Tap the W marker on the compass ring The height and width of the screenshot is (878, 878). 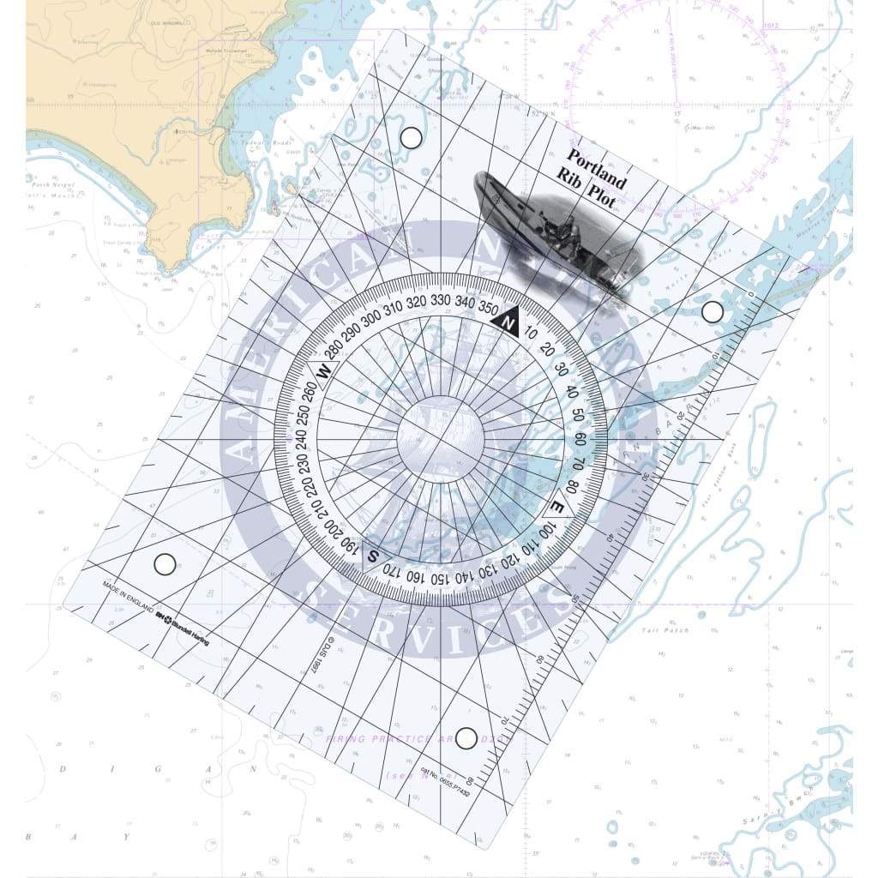tap(324, 370)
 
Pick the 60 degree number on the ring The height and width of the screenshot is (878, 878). tap(580, 440)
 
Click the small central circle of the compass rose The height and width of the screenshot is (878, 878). tap(440, 439)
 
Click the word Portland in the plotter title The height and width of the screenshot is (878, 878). tap(597, 169)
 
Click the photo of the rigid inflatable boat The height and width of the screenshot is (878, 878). tap(558, 230)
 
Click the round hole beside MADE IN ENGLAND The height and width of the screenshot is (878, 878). tap(165, 564)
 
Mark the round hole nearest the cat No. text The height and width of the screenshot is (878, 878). tap(466, 737)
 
